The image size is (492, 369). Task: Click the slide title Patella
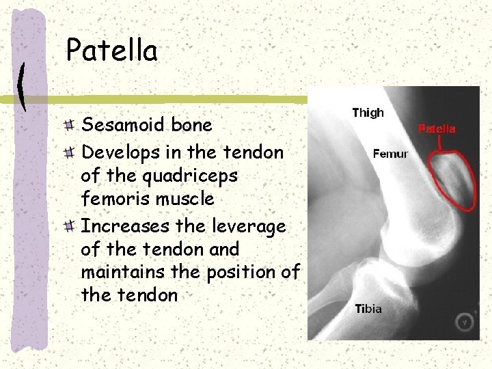click(x=111, y=51)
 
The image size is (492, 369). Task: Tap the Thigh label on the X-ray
click(x=368, y=113)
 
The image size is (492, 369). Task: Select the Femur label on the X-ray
click(x=390, y=154)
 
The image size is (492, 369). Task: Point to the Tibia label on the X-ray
click(x=368, y=309)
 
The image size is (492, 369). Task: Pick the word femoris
click(x=112, y=200)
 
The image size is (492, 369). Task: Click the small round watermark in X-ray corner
click(x=465, y=321)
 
